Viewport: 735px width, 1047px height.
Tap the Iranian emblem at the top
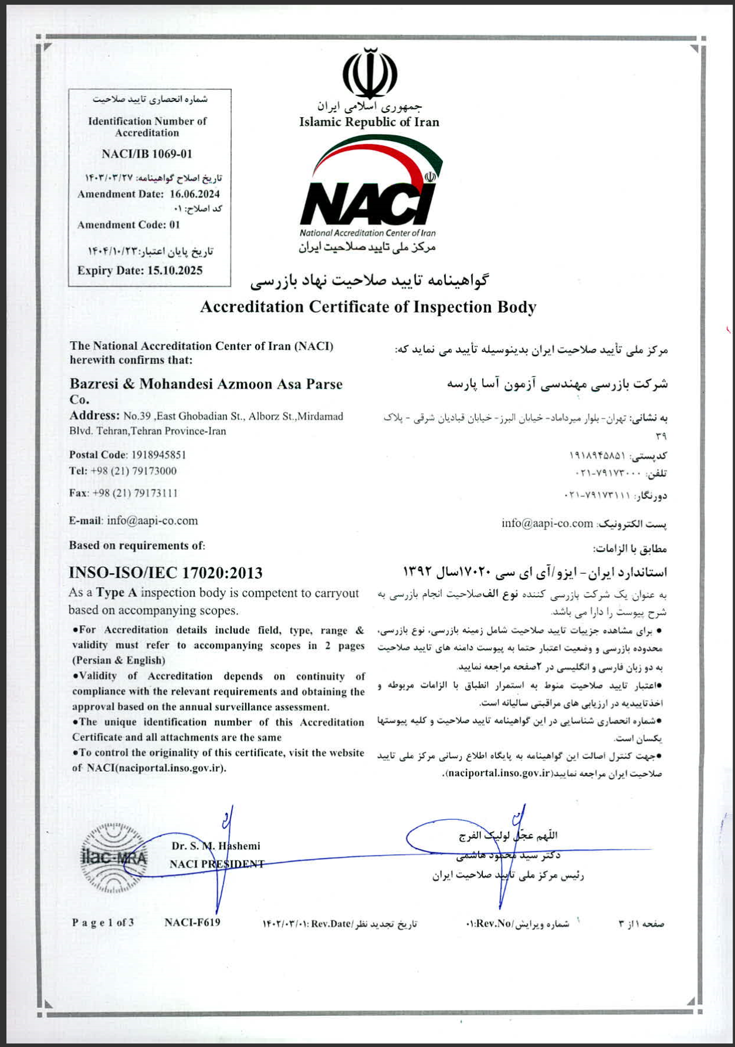point(370,74)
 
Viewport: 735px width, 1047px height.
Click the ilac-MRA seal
point(114,858)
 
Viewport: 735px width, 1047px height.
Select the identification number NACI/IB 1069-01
point(147,154)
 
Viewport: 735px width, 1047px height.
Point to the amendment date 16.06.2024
point(195,194)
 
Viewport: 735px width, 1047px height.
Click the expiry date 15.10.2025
point(175,271)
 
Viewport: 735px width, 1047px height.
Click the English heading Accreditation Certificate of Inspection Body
point(368,307)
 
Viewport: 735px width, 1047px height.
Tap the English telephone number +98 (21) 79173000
point(133,471)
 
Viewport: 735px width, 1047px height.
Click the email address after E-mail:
point(152,521)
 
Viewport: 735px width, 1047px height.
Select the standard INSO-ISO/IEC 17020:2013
point(166,573)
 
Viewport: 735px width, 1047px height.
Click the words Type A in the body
point(116,593)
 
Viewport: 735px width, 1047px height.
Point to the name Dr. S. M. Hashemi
point(216,846)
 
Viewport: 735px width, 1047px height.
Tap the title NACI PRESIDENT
point(217,864)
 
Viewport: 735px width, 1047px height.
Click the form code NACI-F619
point(193,923)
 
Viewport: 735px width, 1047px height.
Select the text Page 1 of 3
point(103,923)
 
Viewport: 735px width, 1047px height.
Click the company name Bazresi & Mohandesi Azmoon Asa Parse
point(206,384)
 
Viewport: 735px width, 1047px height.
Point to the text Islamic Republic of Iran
point(369,122)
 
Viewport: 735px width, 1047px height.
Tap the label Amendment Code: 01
point(129,225)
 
